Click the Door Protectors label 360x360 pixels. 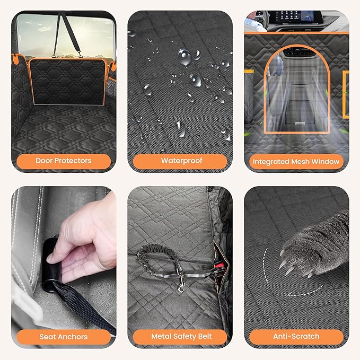pos(64,160)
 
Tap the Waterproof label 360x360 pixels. pos(180,160)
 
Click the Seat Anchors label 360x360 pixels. pos(64,336)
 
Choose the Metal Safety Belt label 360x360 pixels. pos(180,336)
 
